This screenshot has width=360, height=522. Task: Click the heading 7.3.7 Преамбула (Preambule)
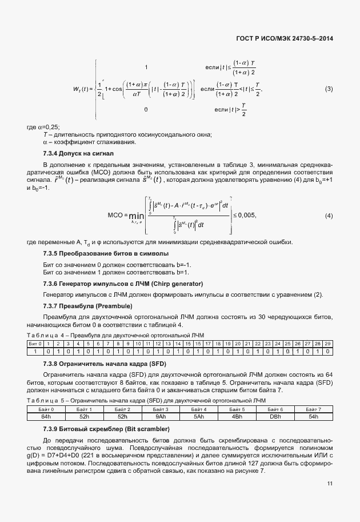[87, 306]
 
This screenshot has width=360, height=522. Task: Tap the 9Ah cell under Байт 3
[161, 416]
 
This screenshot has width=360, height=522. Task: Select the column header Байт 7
[313, 410]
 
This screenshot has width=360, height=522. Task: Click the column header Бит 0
[35, 343]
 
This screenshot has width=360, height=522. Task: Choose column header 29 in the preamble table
[327, 343]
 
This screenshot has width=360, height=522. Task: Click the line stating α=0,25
[44, 126]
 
